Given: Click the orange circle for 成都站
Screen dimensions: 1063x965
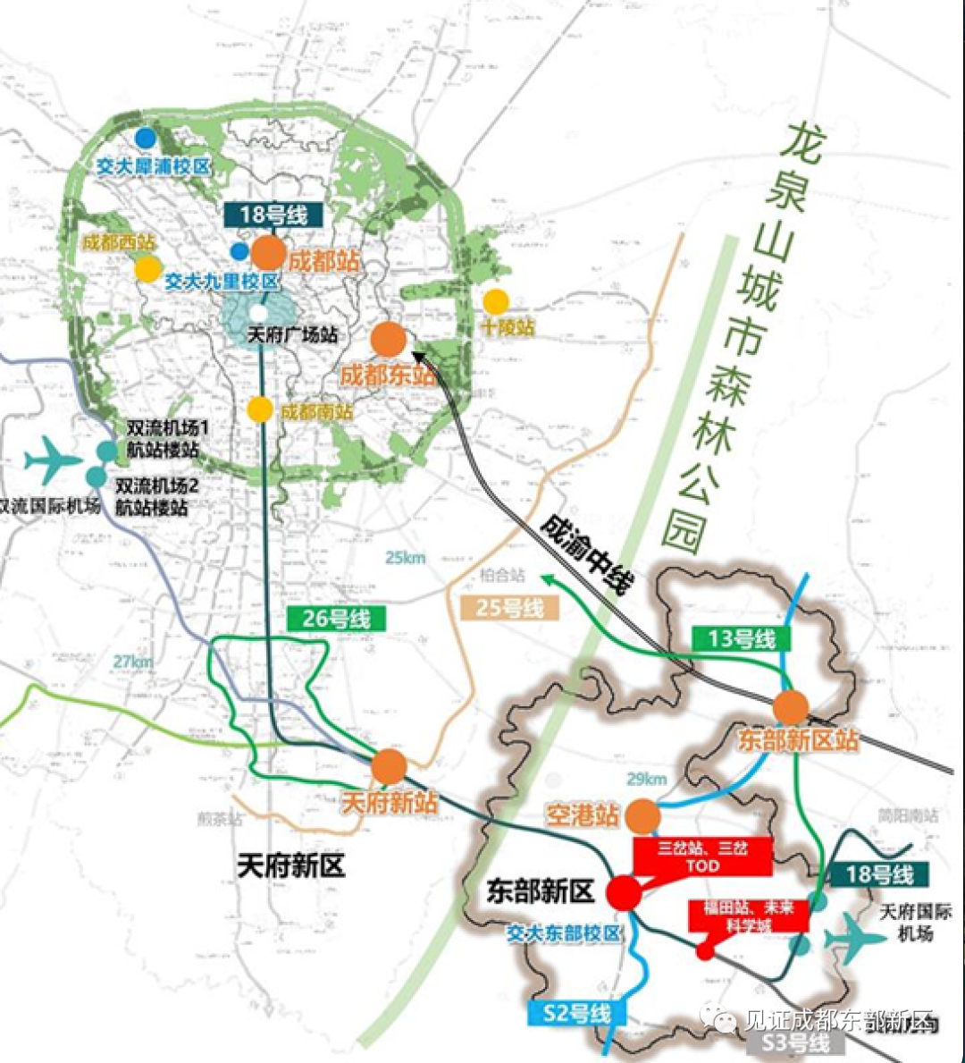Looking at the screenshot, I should (268, 253).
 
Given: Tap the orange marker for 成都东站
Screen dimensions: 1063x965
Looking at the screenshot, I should (389, 340).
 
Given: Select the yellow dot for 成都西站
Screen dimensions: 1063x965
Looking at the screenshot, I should (147, 268).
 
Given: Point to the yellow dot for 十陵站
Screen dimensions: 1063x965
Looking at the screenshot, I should (495, 302).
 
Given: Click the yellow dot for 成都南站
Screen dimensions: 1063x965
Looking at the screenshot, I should (260, 409).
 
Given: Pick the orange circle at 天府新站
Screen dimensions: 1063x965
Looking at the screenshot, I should (389, 767).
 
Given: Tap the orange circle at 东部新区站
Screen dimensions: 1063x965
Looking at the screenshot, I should (791, 707).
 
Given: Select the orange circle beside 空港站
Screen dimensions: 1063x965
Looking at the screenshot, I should (642, 816).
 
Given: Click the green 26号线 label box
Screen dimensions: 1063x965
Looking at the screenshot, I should (336, 618).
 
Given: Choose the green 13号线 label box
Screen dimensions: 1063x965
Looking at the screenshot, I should (742, 638).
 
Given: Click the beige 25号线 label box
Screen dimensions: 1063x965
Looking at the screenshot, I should (510, 608).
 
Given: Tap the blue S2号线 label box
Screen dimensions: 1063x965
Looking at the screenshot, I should (577, 1013).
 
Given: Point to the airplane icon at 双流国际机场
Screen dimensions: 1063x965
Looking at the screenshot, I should (53, 461).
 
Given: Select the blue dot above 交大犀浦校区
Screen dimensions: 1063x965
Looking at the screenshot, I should (146, 138).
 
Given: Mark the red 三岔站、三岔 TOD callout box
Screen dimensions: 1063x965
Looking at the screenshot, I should (702, 856).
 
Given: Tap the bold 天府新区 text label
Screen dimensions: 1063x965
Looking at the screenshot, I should (290, 865).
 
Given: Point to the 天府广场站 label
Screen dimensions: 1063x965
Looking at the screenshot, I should (292, 335).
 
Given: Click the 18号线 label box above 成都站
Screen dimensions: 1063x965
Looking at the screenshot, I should (273, 215).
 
